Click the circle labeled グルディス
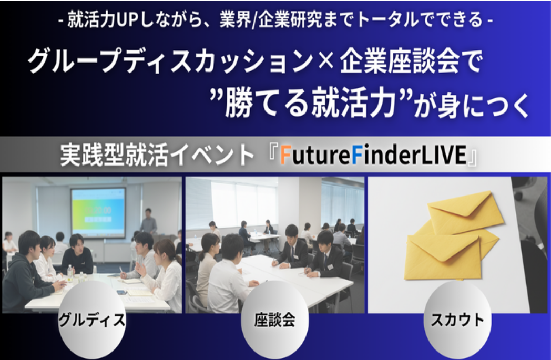(x=91, y=320)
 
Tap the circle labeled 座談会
(x=275, y=320)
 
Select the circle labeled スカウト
(x=457, y=320)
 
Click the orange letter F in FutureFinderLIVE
(x=285, y=155)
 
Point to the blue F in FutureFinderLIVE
(x=356, y=155)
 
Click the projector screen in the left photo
(x=98, y=212)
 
